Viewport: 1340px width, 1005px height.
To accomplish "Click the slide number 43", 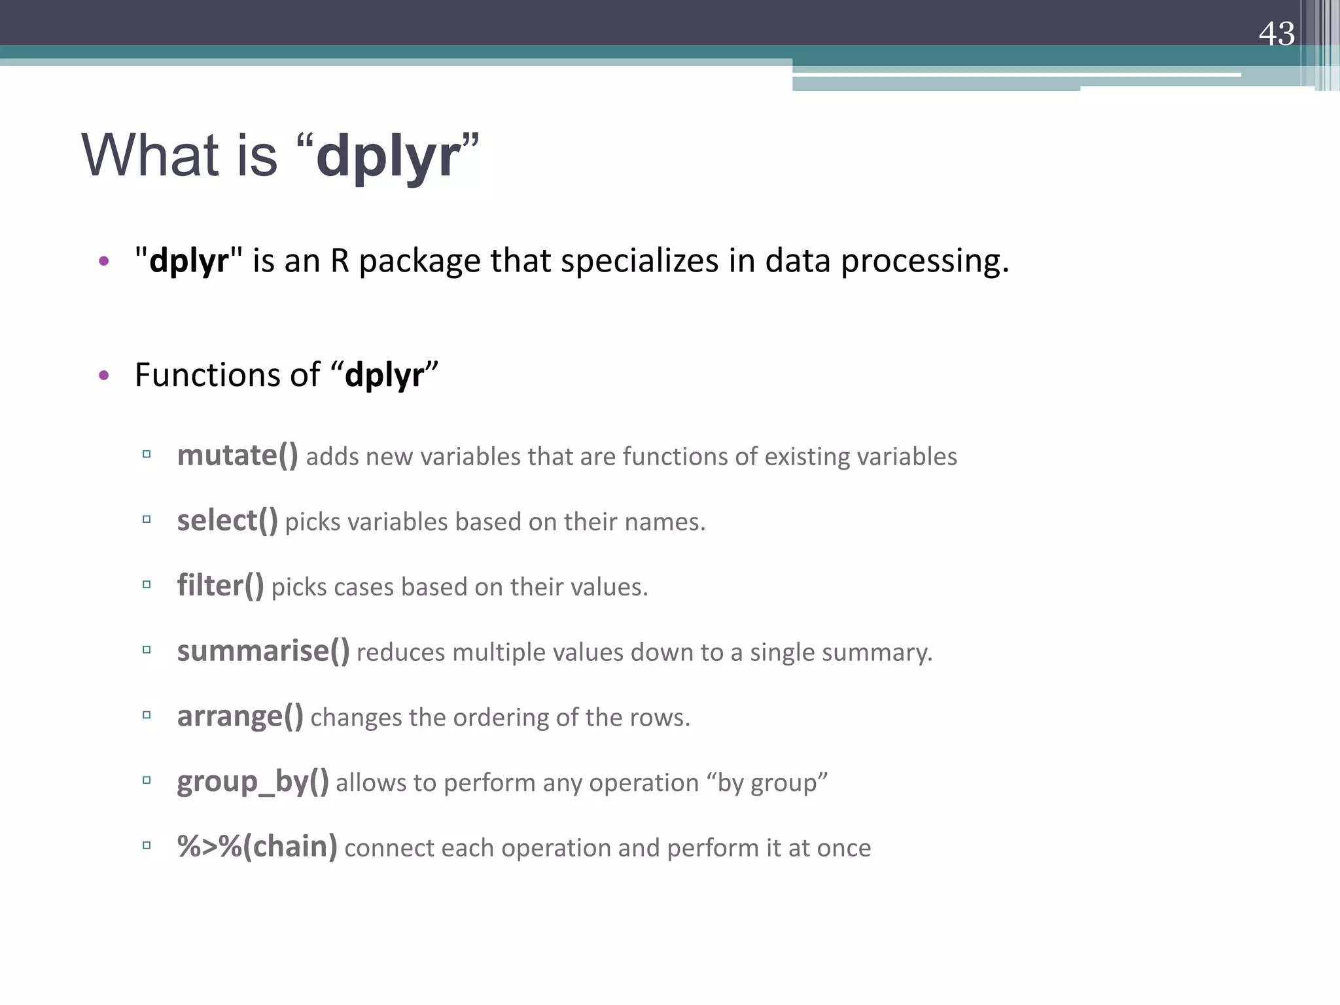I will point(1276,34).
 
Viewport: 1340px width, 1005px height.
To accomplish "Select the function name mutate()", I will point(238,455).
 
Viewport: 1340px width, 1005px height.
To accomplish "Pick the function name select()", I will point(227,521).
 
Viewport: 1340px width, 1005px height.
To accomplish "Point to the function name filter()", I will point(220,586).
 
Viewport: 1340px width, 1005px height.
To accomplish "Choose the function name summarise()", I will point(263,651).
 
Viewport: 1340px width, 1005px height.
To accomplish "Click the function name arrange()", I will point(240,716).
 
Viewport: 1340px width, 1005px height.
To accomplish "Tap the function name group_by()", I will point(253,782).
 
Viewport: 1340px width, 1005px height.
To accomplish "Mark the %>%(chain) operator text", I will point(257,847).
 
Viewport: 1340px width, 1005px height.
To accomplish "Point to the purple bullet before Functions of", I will point(103,376).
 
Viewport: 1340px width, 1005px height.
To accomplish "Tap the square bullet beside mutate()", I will point(147,453).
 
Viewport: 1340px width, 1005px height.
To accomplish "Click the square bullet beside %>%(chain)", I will point(147,845).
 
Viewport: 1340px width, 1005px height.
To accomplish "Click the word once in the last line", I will point(843,849).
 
